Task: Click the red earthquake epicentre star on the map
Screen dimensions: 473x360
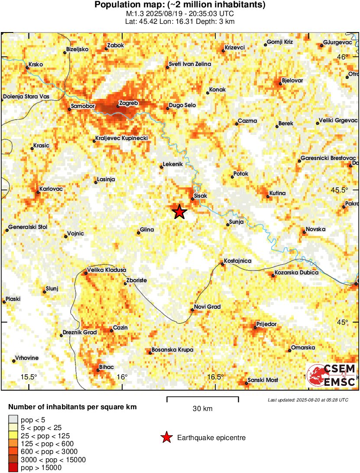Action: coord(179,212)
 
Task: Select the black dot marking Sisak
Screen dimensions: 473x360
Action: coord(192,199)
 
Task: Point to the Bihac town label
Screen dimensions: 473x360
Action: coord(106,367)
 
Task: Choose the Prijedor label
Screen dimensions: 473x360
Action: coord(266,324)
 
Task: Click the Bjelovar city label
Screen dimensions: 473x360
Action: coord(292,81)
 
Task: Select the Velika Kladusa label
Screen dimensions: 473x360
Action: coord(107,270)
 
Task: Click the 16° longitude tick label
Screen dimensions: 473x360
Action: coord(123,376)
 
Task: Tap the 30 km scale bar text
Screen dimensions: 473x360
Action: coord(202,408)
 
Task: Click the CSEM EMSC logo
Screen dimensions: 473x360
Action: coord(332,375)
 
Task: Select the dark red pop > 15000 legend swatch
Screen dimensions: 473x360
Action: coord(13,467)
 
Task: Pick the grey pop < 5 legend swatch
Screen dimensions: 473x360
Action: coord(13,419)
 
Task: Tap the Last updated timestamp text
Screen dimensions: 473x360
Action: coord(308,400)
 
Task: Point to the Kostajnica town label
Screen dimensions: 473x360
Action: coord(237,260)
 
